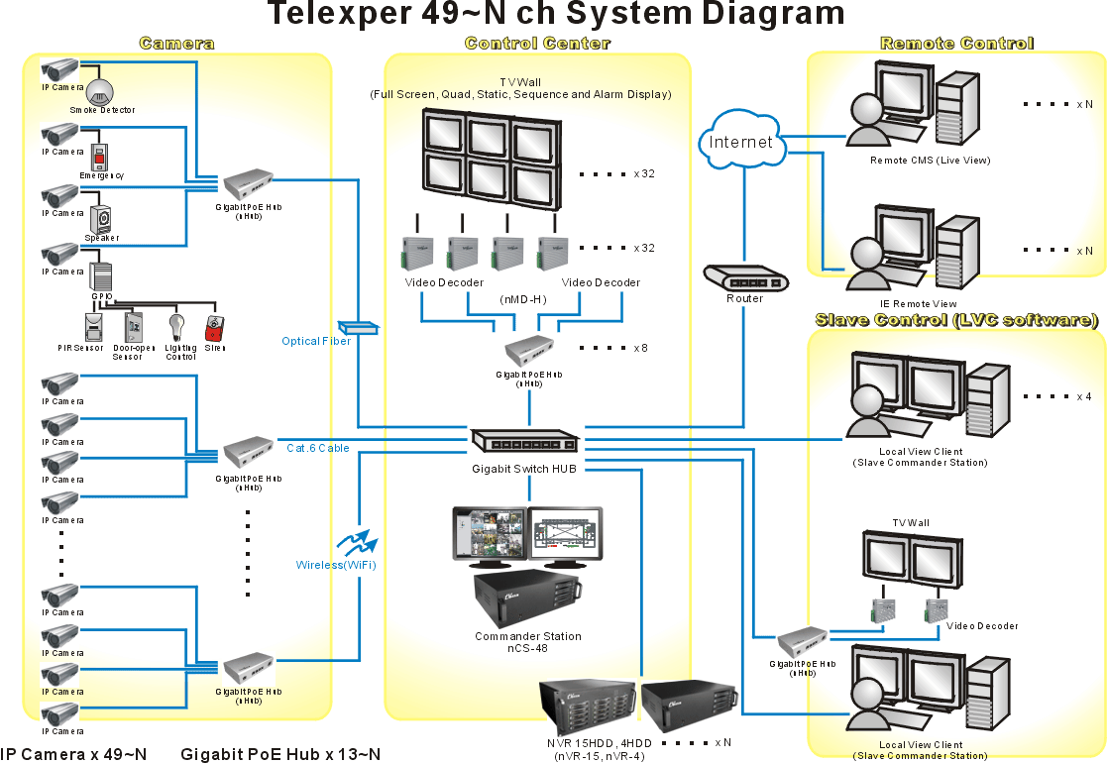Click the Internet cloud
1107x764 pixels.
(741, 141)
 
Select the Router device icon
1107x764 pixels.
(744, 278)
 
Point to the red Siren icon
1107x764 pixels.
(214, 329)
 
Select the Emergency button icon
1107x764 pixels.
(99, 158)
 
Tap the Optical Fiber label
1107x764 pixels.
(315, 341)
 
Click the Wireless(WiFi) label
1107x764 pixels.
(336, 565)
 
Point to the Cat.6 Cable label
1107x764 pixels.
(318, 448)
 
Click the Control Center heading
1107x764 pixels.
(537, 44)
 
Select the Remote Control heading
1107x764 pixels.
(956, 44)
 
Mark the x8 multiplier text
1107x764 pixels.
(640, 348)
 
